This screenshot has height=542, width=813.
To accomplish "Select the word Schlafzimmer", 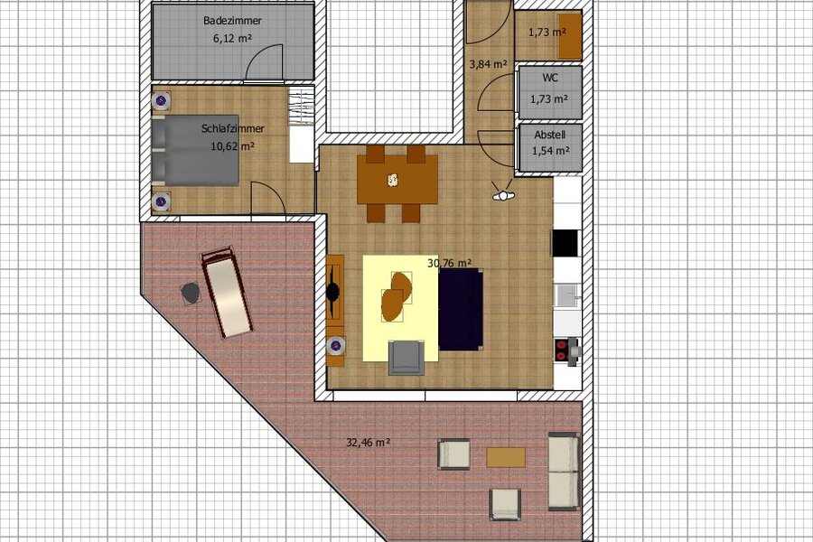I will [227, 128].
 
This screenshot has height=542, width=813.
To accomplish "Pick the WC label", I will [548, 79].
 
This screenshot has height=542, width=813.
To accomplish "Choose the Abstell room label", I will [548, 134].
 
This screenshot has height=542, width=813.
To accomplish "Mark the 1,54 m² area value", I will [548, 151].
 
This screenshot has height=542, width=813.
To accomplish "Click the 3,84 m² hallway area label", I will [488, 64].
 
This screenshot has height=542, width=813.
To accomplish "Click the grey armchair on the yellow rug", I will [406, 357].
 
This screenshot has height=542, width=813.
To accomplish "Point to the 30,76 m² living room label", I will [450, 264].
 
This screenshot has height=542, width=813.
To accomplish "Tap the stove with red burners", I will [566, 350].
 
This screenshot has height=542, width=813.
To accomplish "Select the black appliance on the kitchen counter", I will [565, 243].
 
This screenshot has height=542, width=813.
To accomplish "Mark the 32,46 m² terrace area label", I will [368, 443].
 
